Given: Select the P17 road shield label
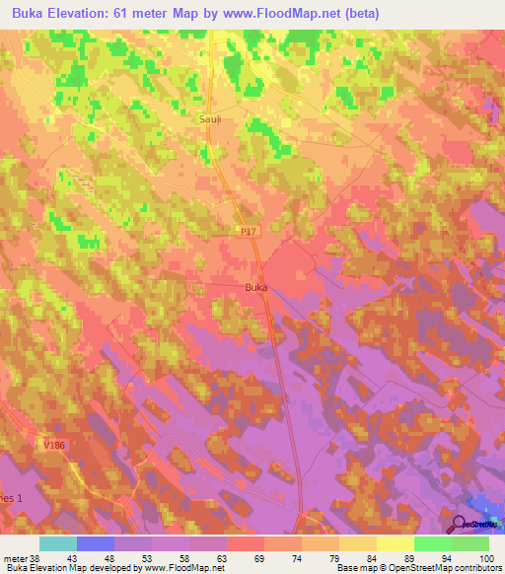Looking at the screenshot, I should [249, 231].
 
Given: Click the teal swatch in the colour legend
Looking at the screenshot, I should [57, 544].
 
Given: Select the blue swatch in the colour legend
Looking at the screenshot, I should [95, 544].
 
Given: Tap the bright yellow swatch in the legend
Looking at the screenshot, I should [395, 544].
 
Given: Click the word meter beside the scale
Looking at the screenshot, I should [15, 559].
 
